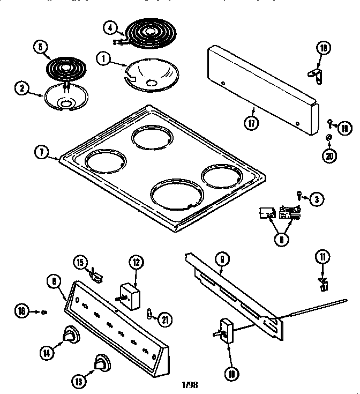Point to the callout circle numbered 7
(x=41, y=152)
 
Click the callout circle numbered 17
(x=251, y=122)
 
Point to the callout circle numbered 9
(x=221, y=259)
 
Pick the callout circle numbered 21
(x=164, y=319)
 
